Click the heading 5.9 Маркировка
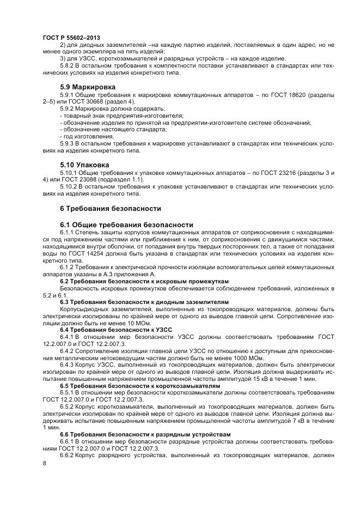(x=90, y=87)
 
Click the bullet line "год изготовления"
(x=86, y=136)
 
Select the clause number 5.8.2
(x=68, y=65)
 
